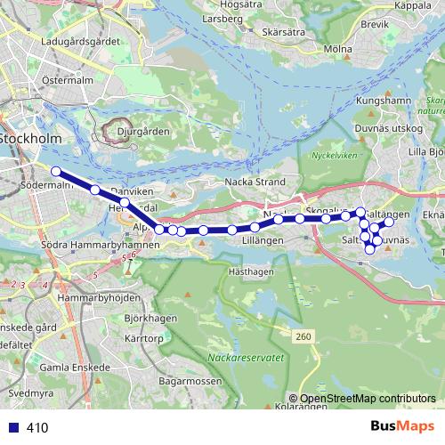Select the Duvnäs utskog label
click(389, 129)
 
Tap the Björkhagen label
click(145, 317)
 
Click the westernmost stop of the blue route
click(55, 171)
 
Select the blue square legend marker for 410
click(13, 427)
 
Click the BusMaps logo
click(400, 427)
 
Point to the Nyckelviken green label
click(331, 155)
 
